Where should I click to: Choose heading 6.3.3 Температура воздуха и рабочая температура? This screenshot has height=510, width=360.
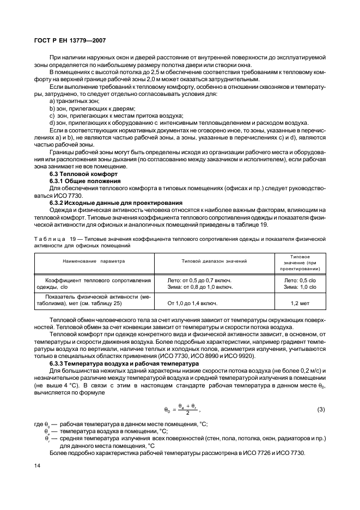125,363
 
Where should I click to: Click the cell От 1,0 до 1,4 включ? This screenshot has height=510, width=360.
193,303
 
